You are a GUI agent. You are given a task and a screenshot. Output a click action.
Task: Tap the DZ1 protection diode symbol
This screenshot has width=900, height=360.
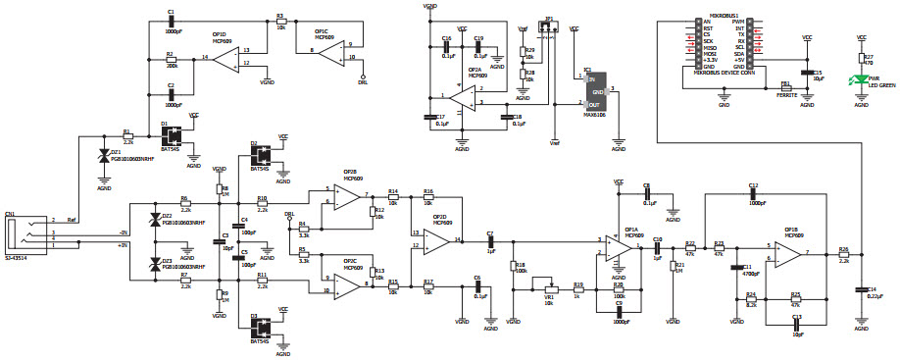click(105, 157)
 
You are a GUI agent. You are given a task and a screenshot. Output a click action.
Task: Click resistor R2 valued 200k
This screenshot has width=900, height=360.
click(171, 59)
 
